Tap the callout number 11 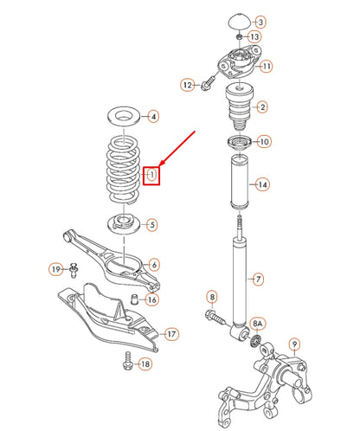tap(266, 66)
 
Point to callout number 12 tap(187, 85)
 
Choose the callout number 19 tap(55, 270)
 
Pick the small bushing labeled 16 tap(133, 299)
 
